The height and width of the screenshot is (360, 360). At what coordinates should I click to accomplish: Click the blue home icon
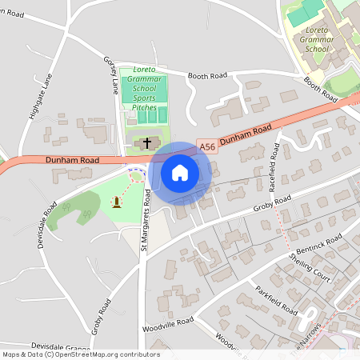point(180,172)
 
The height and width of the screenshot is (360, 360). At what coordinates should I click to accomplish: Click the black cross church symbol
point(147,142)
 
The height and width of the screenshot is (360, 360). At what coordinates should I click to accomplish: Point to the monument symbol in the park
point(118,202)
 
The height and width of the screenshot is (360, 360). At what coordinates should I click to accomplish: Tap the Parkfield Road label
point(277,300)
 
